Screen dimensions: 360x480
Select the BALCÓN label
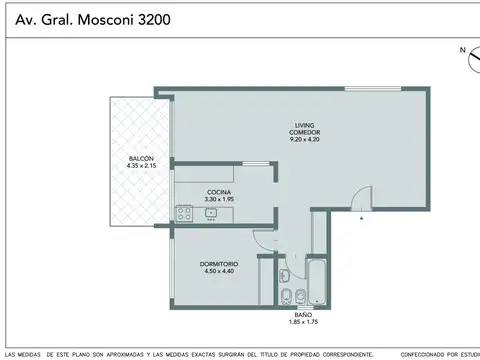point(140,160)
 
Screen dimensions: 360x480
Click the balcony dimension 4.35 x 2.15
point(140,168)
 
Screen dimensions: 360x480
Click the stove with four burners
point(184,212)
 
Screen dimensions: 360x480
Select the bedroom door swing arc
point(264,240)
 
